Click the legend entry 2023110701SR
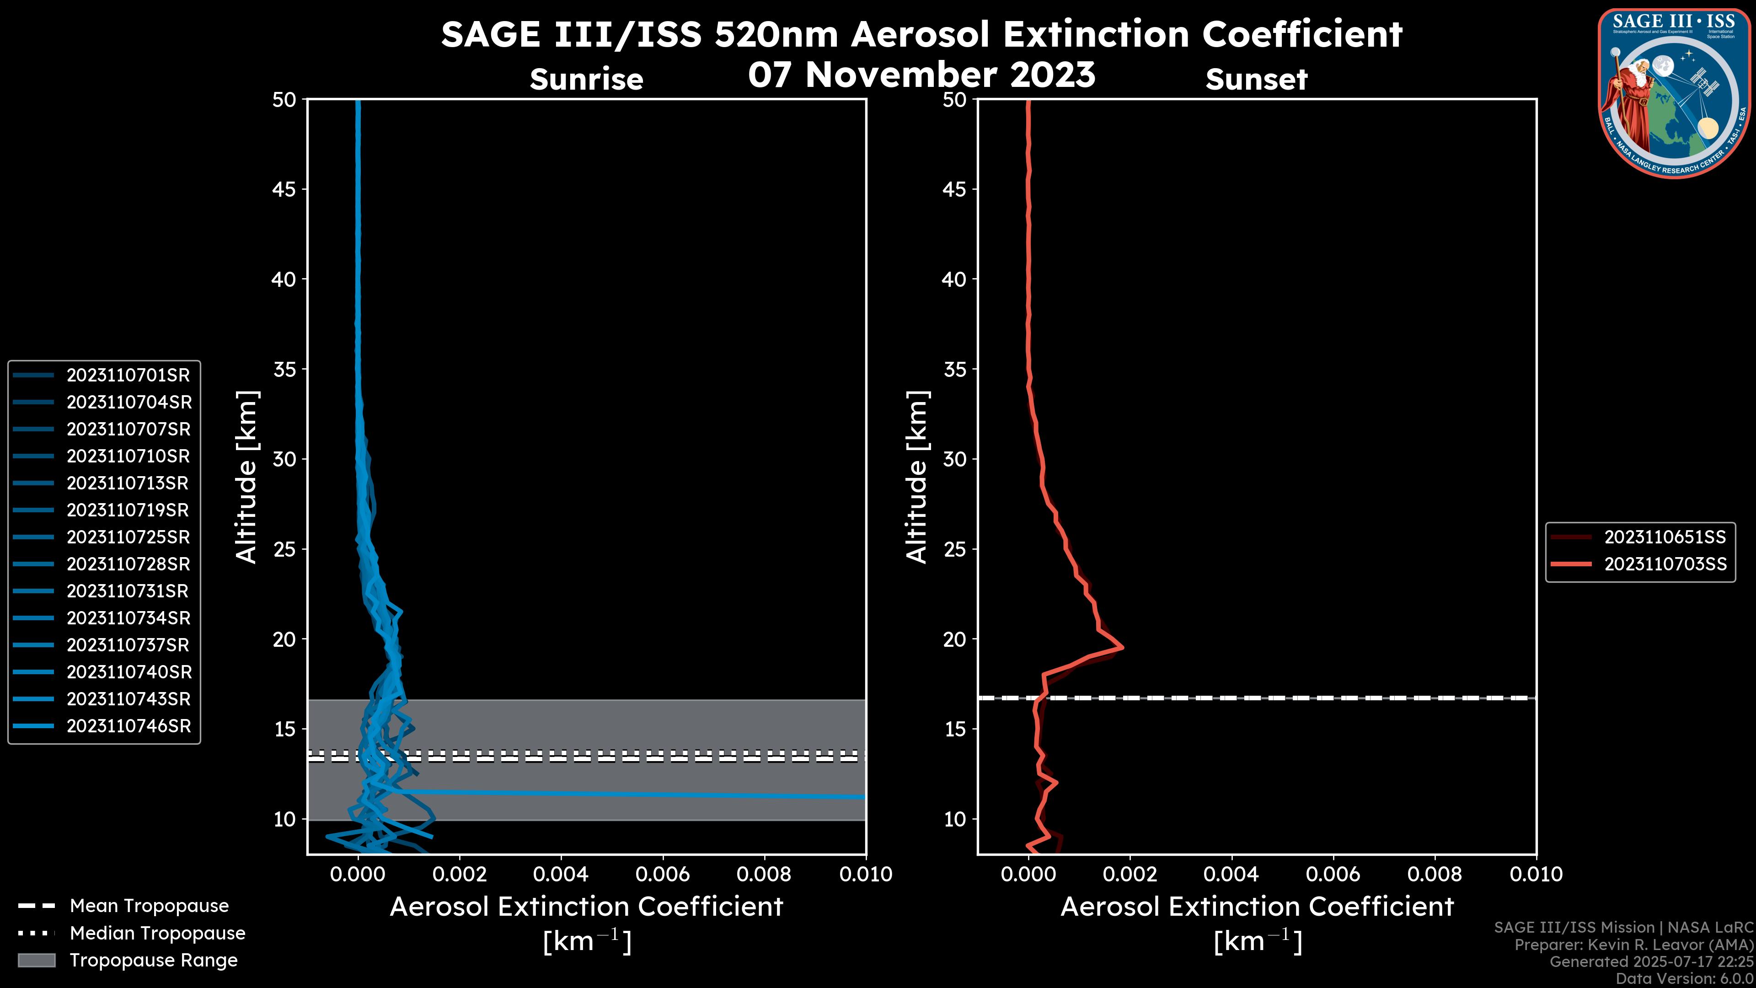(x=128, y=375)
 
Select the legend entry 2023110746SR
(x=128, y=726)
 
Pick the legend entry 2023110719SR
(x=128, y=510)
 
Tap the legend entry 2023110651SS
(x=1665, y=537)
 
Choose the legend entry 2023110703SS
(x=1665, y=564)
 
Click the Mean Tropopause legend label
(x=149, y=906)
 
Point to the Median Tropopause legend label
(x=157, y=934)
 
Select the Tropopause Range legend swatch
(x=37, y=961)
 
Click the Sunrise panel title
(x=586, y=80)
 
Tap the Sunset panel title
(x=1256, y=80)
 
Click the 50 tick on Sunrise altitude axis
(x=284, y=100)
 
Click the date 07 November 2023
(x=921, y=75)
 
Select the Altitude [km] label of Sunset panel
(x=917, y=477)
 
